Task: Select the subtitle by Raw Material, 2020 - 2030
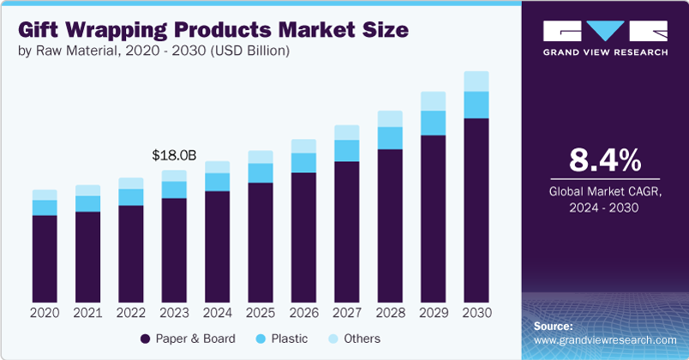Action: pos(153,51)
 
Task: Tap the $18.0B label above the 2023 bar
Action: pos(174,155)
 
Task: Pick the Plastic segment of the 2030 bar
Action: pos(476,105)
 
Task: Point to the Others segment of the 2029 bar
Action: pos(433,100)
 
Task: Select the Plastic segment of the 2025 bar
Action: pos(261,172)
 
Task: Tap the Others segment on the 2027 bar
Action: pos(346,132)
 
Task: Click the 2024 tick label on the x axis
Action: pos(217,313)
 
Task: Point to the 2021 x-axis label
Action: pos(87,313)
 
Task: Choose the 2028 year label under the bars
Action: pos(389,313)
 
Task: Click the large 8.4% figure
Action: pos(606,161)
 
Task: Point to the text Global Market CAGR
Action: pos(606,192)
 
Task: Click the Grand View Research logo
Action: pos(605,38)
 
